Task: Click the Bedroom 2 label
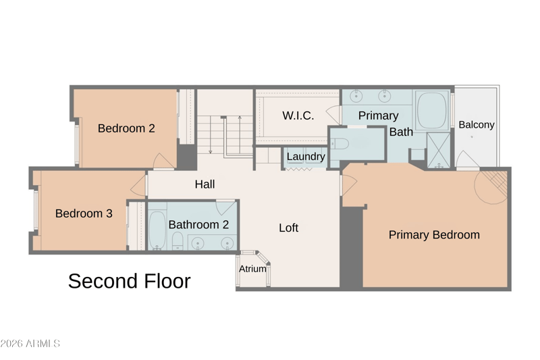tap(126, 128)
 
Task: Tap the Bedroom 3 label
tap(84, 213)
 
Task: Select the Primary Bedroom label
tap(434, 234)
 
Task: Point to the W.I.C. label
tap(298, 115)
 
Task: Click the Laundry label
tap(306, 157)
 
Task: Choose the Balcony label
tap(477, 124)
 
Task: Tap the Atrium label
tap(252, 269)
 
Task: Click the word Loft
tap(289, 228)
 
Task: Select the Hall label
tap(205, 184)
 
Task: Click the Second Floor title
tap(129, 281)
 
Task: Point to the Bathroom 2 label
tap(198, 225)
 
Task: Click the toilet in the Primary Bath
tap(340, 144)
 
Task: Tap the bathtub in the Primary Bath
tap(431, 110)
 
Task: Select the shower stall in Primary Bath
tap(438, 151)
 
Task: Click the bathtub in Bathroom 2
tap(157, 230)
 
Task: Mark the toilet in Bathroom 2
tap(178, 240)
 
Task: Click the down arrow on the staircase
tap(211, 134)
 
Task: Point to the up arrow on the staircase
tap(240, 134)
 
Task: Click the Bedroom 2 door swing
tap(163, 161)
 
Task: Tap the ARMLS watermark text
tap(30, 344)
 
